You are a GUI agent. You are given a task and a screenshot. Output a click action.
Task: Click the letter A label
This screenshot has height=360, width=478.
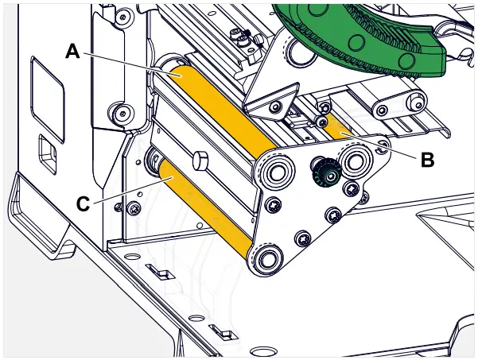click(72, 52)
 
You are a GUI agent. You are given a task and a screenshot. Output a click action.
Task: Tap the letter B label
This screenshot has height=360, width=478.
click(427, 160)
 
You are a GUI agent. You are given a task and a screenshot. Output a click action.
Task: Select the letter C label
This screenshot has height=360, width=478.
click(84, 203)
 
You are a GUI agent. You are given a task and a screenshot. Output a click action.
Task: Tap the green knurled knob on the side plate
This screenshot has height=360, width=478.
click(324, 169)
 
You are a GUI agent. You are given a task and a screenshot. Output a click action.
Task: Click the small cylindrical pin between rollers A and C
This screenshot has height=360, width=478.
click(199, 161)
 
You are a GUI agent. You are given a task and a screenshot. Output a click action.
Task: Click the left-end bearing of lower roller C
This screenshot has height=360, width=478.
click(153, 162)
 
